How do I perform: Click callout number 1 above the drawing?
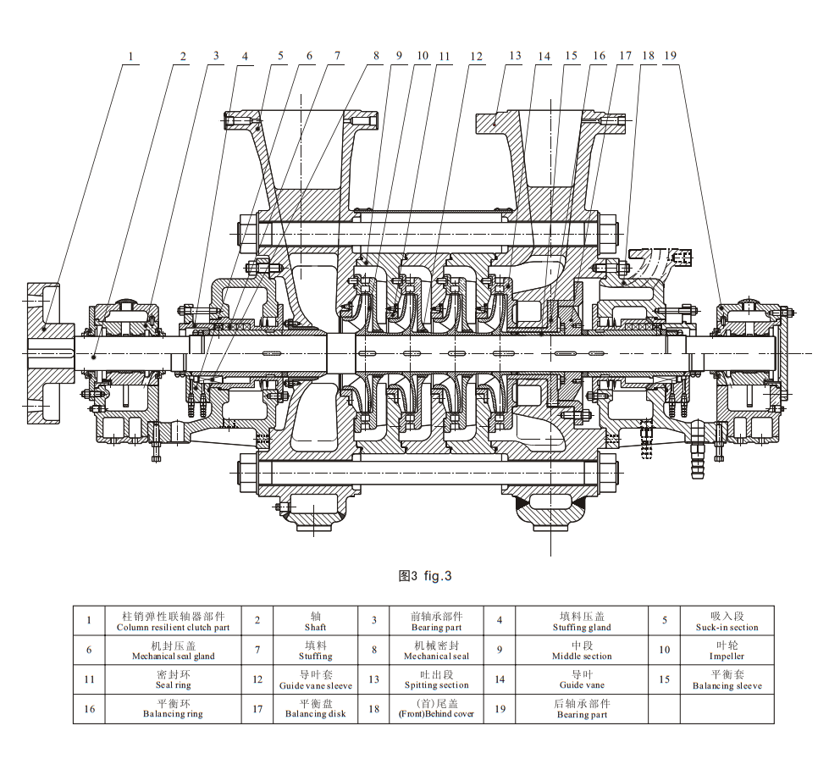(130, 57)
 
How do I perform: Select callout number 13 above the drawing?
(515, 57)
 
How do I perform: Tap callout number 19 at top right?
(671, 57)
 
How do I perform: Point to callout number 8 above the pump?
(376, 57)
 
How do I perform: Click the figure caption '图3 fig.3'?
(425, 576)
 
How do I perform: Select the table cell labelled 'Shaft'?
(315, 622)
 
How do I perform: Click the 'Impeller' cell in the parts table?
(727, 651)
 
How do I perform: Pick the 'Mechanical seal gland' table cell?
(174, 651)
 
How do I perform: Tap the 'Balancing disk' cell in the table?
(315, 708)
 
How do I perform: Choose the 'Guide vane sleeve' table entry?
(315, 679)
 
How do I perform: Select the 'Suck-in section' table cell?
(727, 622)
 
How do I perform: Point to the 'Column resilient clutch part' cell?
(174, 622)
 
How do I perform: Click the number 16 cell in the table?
(89, 708)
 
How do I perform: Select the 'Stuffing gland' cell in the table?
(583, 622)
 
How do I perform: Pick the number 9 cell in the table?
(500, 651)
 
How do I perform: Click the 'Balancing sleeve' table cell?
(727, 679)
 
